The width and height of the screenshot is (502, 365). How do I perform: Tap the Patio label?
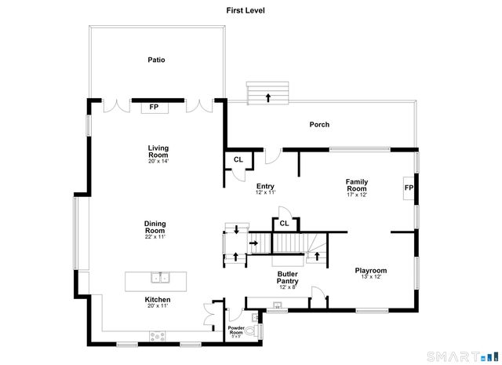tap(157, 60)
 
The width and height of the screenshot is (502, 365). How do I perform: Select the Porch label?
tap(319, 124)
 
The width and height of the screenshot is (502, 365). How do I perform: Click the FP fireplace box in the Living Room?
tap(155, 108)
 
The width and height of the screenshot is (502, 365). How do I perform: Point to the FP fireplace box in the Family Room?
tap(409, 188)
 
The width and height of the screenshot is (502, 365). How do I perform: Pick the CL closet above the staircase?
tap(285, 224)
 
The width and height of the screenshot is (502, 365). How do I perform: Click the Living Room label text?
tap(158, 151)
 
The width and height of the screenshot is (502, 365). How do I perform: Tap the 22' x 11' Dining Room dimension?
tap(155, 236)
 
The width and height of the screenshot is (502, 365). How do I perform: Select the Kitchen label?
tap(157, 300)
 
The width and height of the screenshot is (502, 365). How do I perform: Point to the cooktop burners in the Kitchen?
tap(158, 336)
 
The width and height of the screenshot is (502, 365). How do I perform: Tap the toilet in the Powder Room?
tap(250, 333)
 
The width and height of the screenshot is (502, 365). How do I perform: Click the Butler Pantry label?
tap(286, 276)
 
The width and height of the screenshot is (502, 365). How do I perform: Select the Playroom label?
tap(370, 271)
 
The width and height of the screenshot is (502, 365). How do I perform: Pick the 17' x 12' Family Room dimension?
tap(357, 195)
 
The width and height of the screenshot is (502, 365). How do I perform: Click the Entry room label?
tap(265, 186)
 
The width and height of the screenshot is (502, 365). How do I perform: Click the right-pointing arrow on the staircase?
tap(253, 243)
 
